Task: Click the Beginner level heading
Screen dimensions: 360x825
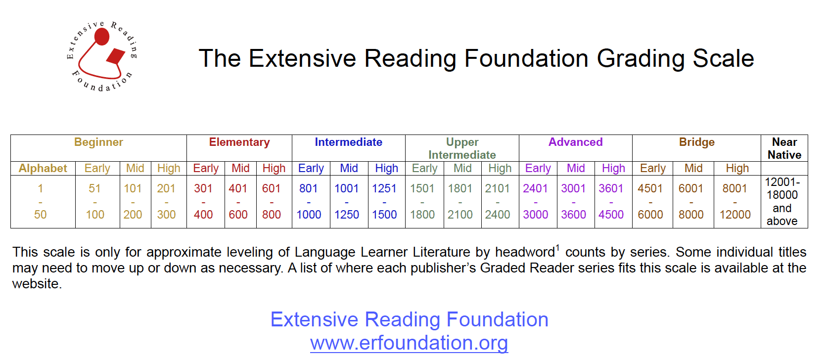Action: [98, 142]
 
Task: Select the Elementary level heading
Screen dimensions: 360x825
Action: [239, 142]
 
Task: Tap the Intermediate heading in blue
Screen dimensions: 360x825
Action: [348, 142]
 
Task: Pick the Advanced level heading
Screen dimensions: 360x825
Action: [575, 142]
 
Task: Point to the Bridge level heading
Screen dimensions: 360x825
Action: [696, 142]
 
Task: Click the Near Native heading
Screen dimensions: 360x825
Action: [784, 148]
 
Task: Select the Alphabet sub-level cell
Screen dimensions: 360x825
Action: [43, 169]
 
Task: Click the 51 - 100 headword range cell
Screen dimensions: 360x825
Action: [95, 201]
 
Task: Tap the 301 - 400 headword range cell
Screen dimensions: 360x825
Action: [203, 201]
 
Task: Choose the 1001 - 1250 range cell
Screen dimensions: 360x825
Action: [347, 201]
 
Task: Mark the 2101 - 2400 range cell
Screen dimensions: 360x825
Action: [498, 201]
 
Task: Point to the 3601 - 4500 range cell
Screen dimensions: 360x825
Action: [611, 201]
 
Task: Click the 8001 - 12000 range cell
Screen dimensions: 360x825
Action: [735, 201]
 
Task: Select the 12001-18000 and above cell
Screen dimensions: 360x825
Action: [782, 201]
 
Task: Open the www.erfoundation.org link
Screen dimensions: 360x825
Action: [409, 343]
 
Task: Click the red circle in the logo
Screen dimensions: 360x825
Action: [101, 37]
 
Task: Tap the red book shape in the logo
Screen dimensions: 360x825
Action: [116, 56]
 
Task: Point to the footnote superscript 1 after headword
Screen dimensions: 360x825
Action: [557, 248]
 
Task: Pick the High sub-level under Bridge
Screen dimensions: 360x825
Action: [737, 169]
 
